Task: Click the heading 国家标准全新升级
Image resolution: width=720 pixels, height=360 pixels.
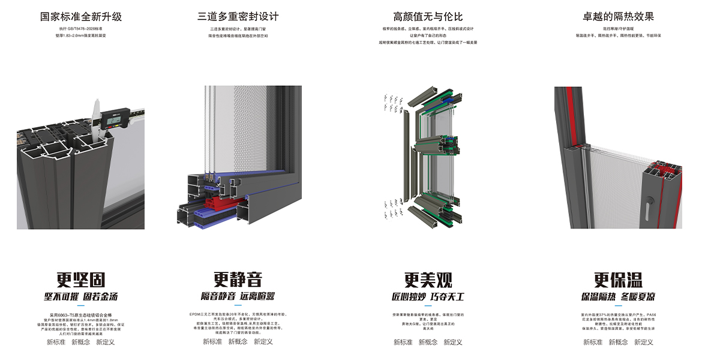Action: click(x=81, y=17)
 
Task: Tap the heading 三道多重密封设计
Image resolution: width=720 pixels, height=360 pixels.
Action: click(x=238, y=17)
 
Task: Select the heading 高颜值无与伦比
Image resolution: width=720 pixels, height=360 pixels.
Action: click(x=428, y=17)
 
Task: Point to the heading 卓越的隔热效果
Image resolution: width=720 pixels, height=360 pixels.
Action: click(x=618, y=17)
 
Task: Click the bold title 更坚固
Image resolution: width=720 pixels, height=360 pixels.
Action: click(x=81, y=280)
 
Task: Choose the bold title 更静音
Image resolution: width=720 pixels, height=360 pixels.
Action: click(x=238, y=280)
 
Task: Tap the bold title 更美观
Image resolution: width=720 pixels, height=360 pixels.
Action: click(x=428, y=280)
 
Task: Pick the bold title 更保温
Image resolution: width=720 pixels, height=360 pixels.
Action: click(x=618, y=280)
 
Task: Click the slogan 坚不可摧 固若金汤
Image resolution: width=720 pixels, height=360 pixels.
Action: click(x=81, y=296)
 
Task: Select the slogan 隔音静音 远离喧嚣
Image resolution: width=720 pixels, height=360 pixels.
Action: click(x=238, y=296)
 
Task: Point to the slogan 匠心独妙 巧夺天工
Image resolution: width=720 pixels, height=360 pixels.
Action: click(x=428, y=296)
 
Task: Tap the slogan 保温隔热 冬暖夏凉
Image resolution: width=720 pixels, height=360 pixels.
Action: click(x=618, y=296)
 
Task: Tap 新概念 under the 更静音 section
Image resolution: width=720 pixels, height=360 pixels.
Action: click(x=238, y=341)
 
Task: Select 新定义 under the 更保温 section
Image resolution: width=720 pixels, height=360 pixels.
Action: click(x=643, y=342)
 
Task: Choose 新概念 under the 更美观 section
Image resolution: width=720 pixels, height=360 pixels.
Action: click(x=428, y=342)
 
